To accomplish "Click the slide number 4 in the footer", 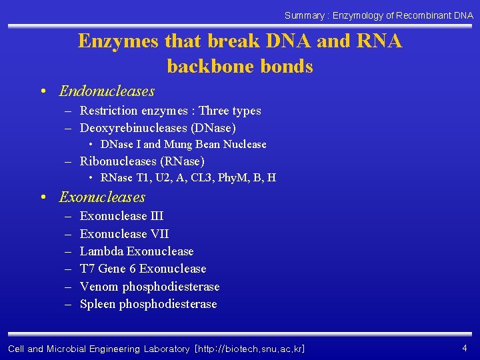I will coord(464,347).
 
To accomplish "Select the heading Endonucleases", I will coord(107,91).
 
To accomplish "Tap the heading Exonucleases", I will coord(102,197).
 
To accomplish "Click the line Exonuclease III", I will coord(121,216).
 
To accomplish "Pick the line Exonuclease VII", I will coord(124,234).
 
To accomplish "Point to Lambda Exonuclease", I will coord(137,251).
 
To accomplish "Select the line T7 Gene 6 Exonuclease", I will coord(143,269).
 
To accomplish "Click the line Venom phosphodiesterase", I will coord(149,287).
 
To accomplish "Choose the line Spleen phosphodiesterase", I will coord(148,304).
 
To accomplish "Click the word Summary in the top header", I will coord(305,15).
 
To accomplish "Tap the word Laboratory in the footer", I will coord(165,349).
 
